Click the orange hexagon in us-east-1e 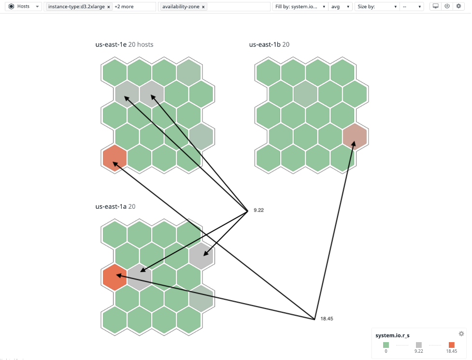114,158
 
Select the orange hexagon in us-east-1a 114,277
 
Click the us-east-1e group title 124,44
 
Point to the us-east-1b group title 269,44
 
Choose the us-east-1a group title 115,206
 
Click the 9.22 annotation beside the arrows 258,210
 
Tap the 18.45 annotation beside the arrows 327,319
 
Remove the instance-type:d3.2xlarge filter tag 109,7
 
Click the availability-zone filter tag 181,7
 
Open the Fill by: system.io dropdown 300,7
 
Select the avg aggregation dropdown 340,7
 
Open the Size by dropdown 377,7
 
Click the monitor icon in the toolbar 435,6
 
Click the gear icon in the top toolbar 458,6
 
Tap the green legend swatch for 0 386,345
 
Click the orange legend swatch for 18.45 452,345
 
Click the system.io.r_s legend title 392,335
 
